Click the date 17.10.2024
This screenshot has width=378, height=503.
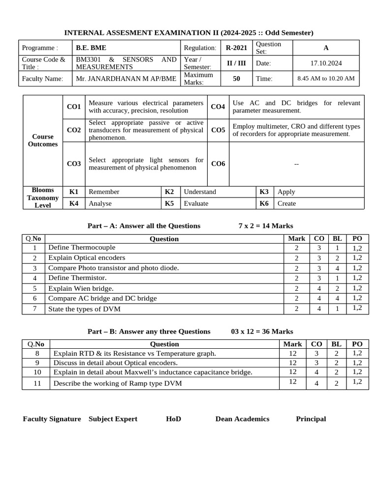coord(326,63)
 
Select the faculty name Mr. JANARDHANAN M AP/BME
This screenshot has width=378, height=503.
coord(126,79)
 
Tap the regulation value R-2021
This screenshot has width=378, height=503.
coord(236,48)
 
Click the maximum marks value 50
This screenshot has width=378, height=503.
coord(236,79)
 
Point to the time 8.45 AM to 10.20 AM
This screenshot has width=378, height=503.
coord(326,79)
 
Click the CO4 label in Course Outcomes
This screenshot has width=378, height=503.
coord(218,107)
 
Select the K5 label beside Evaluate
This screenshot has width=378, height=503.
coord(169,203)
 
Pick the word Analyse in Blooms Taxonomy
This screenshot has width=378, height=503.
coord(100,203)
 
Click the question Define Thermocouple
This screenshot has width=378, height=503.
coord(82,248)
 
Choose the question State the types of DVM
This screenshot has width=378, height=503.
coord(84,309)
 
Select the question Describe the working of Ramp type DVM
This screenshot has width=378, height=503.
coord(118,383)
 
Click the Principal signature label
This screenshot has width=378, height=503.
coord(311,419)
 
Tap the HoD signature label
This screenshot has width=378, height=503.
coord(173,419)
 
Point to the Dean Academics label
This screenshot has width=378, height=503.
coord(242,419)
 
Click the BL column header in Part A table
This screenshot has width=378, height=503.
coord(337,239)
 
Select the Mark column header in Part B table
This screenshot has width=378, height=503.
coord(293,344)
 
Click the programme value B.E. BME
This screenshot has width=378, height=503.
coord(91,48)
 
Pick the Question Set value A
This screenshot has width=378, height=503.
coord(326,48)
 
